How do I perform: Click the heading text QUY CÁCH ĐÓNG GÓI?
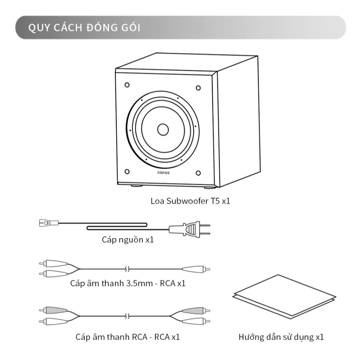pos(84,28)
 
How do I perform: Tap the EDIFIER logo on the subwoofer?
pos(163,172)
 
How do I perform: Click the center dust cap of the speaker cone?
pos(163,130)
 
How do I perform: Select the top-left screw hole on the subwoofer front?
pos(127,85)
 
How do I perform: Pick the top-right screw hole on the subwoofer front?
pos(198,88)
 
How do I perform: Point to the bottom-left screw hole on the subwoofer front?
pos(127,171)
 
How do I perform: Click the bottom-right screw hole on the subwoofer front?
pos(198,173)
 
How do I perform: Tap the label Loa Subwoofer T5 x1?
pos(190,201)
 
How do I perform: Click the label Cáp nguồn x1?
pos(128,240)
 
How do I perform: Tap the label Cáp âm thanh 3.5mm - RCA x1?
pos(128,283)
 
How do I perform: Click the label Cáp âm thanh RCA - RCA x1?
pos(128,337)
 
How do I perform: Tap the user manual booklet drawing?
pos(284,297)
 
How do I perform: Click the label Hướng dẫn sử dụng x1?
pos(281,337)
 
